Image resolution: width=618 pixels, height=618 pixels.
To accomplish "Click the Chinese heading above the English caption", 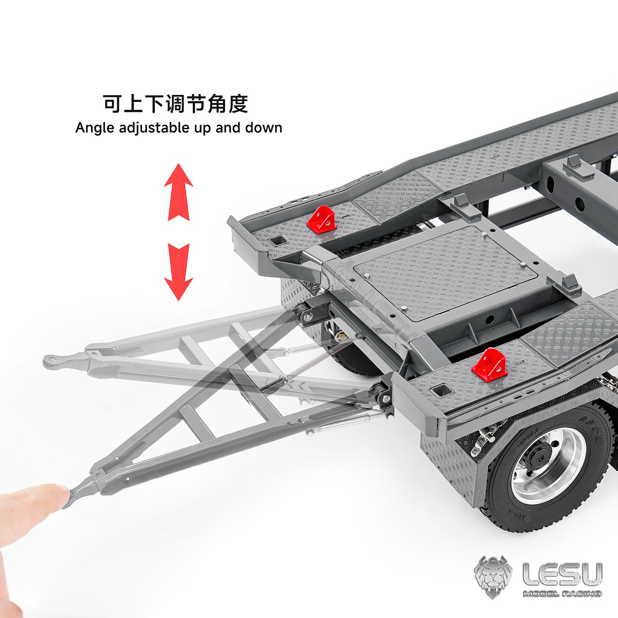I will coord(176,104).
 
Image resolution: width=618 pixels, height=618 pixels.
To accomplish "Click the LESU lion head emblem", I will coord(493,577).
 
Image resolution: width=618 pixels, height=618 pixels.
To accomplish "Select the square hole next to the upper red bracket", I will coord(278,240).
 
